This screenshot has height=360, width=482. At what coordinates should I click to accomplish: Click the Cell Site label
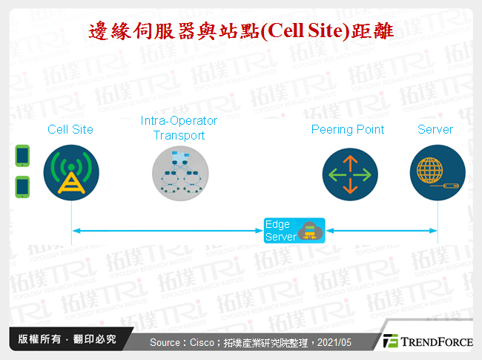tap(70, 129)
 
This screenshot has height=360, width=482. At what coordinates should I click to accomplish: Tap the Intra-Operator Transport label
tap(179, 128)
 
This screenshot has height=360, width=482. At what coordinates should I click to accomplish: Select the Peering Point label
tap(347, 129)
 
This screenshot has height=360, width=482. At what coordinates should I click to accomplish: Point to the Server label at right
tap(435, 129)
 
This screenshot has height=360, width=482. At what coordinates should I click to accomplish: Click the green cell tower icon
tap(71, 174)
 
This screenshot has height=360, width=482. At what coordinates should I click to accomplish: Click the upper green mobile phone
tap(22, 155)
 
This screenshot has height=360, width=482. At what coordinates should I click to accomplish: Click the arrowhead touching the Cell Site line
tap(75, 231)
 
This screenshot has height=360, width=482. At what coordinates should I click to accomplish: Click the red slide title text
tap(240, 32)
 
